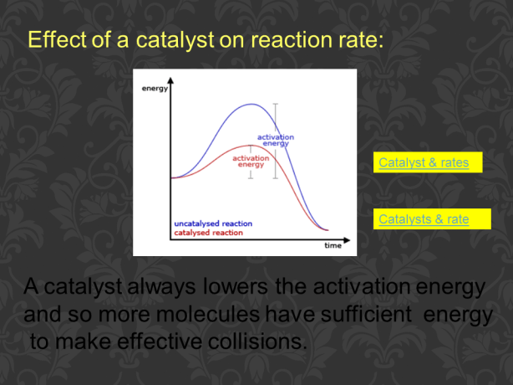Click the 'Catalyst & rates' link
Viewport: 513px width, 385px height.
point(424,162)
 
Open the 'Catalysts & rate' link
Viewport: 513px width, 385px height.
point(424,219)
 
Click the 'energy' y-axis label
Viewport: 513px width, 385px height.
point(155,88)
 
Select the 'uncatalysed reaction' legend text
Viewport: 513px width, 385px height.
point(213,224)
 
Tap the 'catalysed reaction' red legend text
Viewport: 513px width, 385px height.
point(208,233)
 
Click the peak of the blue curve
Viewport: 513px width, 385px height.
point(251,105)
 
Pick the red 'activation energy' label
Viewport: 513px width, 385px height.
point(251,161)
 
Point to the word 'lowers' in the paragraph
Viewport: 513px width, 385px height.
point(236,287)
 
